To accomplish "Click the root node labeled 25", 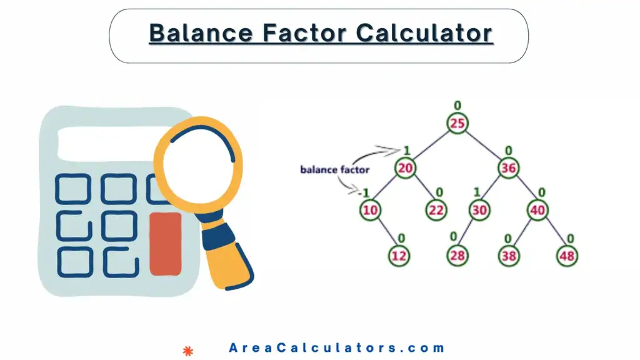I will point(457,123).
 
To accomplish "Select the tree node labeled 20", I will point(405,168).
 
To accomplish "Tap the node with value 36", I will point(508,168).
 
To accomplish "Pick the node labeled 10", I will point(370,210).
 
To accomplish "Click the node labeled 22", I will point(436,210).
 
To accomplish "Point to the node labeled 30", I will point(479,210).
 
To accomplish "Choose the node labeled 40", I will point(537,210).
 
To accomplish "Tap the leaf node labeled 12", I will point(399,255).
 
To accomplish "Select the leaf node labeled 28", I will point(457,255).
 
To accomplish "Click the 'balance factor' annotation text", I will point(334,169).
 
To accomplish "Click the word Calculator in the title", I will point(424,32).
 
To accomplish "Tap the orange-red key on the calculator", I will point(166,243).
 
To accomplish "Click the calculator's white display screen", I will point(106,143).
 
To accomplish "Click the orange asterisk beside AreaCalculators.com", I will point(186,350).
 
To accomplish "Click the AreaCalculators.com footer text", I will point(337,348).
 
